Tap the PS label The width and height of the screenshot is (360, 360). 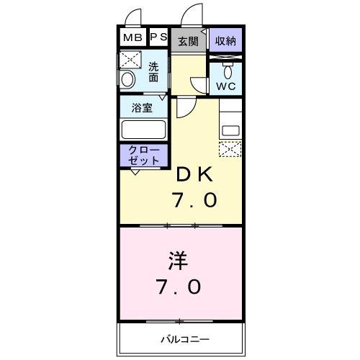tap(158, 37)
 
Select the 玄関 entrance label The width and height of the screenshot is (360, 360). tap(189, 41)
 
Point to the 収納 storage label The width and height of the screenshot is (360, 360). tap(226, 40)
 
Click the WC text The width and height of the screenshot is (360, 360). tap(226, 86)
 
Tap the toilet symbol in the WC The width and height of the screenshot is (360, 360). tap(227, 72)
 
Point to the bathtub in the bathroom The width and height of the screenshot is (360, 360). tap(143, 130)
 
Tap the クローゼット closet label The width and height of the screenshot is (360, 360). tap(143, 155)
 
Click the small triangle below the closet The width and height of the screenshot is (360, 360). tap(135, 171)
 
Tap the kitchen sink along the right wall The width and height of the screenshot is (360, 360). tap(232, 130)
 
